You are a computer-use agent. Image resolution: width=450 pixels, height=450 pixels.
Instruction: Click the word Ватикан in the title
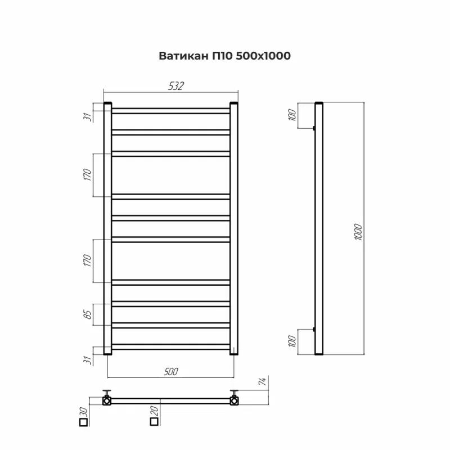(x=184, y=56)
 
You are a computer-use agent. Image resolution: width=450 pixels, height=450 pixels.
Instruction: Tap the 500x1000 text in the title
(x=263, y=56)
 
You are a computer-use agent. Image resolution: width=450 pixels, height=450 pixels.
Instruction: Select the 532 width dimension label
(x=176, y=86)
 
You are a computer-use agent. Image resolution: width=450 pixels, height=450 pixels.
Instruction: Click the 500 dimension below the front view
(x=171, y=372)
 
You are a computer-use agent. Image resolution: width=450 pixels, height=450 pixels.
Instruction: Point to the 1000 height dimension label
(x=358, y=232)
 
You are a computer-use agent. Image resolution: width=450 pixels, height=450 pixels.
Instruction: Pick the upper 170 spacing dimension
(x=88, y=175)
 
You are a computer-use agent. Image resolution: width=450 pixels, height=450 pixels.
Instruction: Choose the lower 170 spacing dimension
(x=88, y=260)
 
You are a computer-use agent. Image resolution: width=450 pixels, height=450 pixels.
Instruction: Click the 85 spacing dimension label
(x=88, y=314)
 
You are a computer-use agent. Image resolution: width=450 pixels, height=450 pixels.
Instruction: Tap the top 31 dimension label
(x=88, y=117)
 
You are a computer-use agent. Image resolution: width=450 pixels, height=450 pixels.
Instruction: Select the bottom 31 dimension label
(x=88, y=360)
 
